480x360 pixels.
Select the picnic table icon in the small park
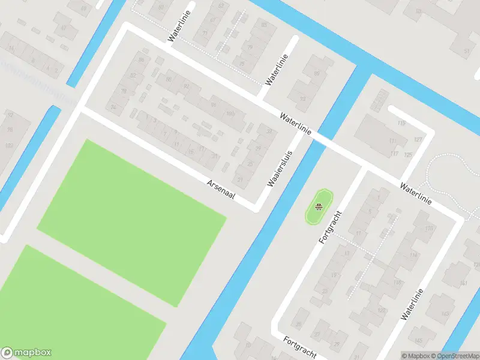tap(319, 208)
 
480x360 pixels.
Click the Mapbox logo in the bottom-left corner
tap(26, 353)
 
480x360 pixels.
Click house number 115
tap(401, 124)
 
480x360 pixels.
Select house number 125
tap(409, 155)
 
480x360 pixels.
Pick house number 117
tap(394, 154)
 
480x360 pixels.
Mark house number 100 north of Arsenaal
tap(230, 113)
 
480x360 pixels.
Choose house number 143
tap(445, 314)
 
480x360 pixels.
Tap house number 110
tap(429, 229)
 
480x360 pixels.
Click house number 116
tap(397, 282)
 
